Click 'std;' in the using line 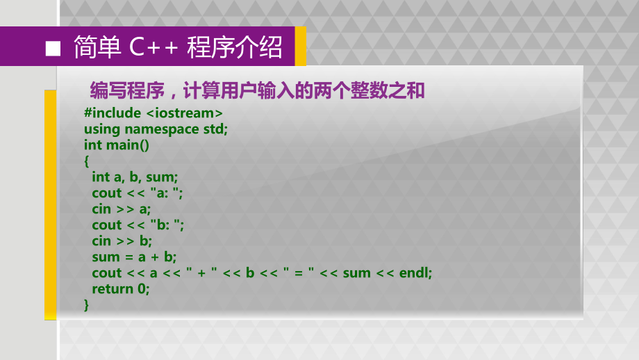[215, 129]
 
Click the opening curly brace [87, 161]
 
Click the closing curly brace [87, 304]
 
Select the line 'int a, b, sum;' [135, 177]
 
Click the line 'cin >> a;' [121, 208]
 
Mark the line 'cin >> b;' [122, 240]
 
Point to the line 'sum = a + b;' [134, 256]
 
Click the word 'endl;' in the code [415, 272]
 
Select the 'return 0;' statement [120, 288]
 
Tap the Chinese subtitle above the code [257, 90]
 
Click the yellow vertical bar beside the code [50, 205]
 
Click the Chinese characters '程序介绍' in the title [235, 47]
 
